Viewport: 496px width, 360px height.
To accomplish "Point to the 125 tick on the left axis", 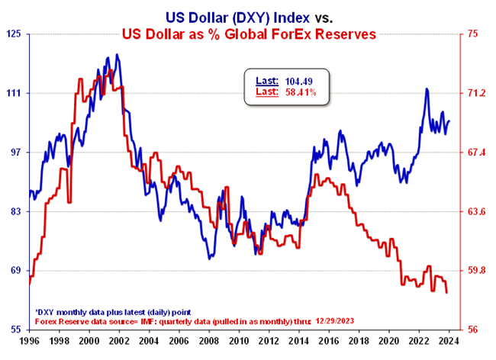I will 14,34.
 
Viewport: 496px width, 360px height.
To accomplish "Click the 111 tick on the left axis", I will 14,93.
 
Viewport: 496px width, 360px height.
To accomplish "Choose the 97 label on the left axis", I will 16,153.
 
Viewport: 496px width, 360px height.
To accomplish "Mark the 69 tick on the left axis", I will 16,271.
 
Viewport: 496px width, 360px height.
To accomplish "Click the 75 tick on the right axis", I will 472,34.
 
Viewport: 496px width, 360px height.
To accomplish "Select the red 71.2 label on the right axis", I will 475,93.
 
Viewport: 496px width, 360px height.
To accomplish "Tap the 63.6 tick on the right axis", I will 475,211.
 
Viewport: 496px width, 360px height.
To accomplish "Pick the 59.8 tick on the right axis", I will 475,271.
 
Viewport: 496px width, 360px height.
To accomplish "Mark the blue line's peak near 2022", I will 426,89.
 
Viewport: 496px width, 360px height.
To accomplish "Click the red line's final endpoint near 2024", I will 447,293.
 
